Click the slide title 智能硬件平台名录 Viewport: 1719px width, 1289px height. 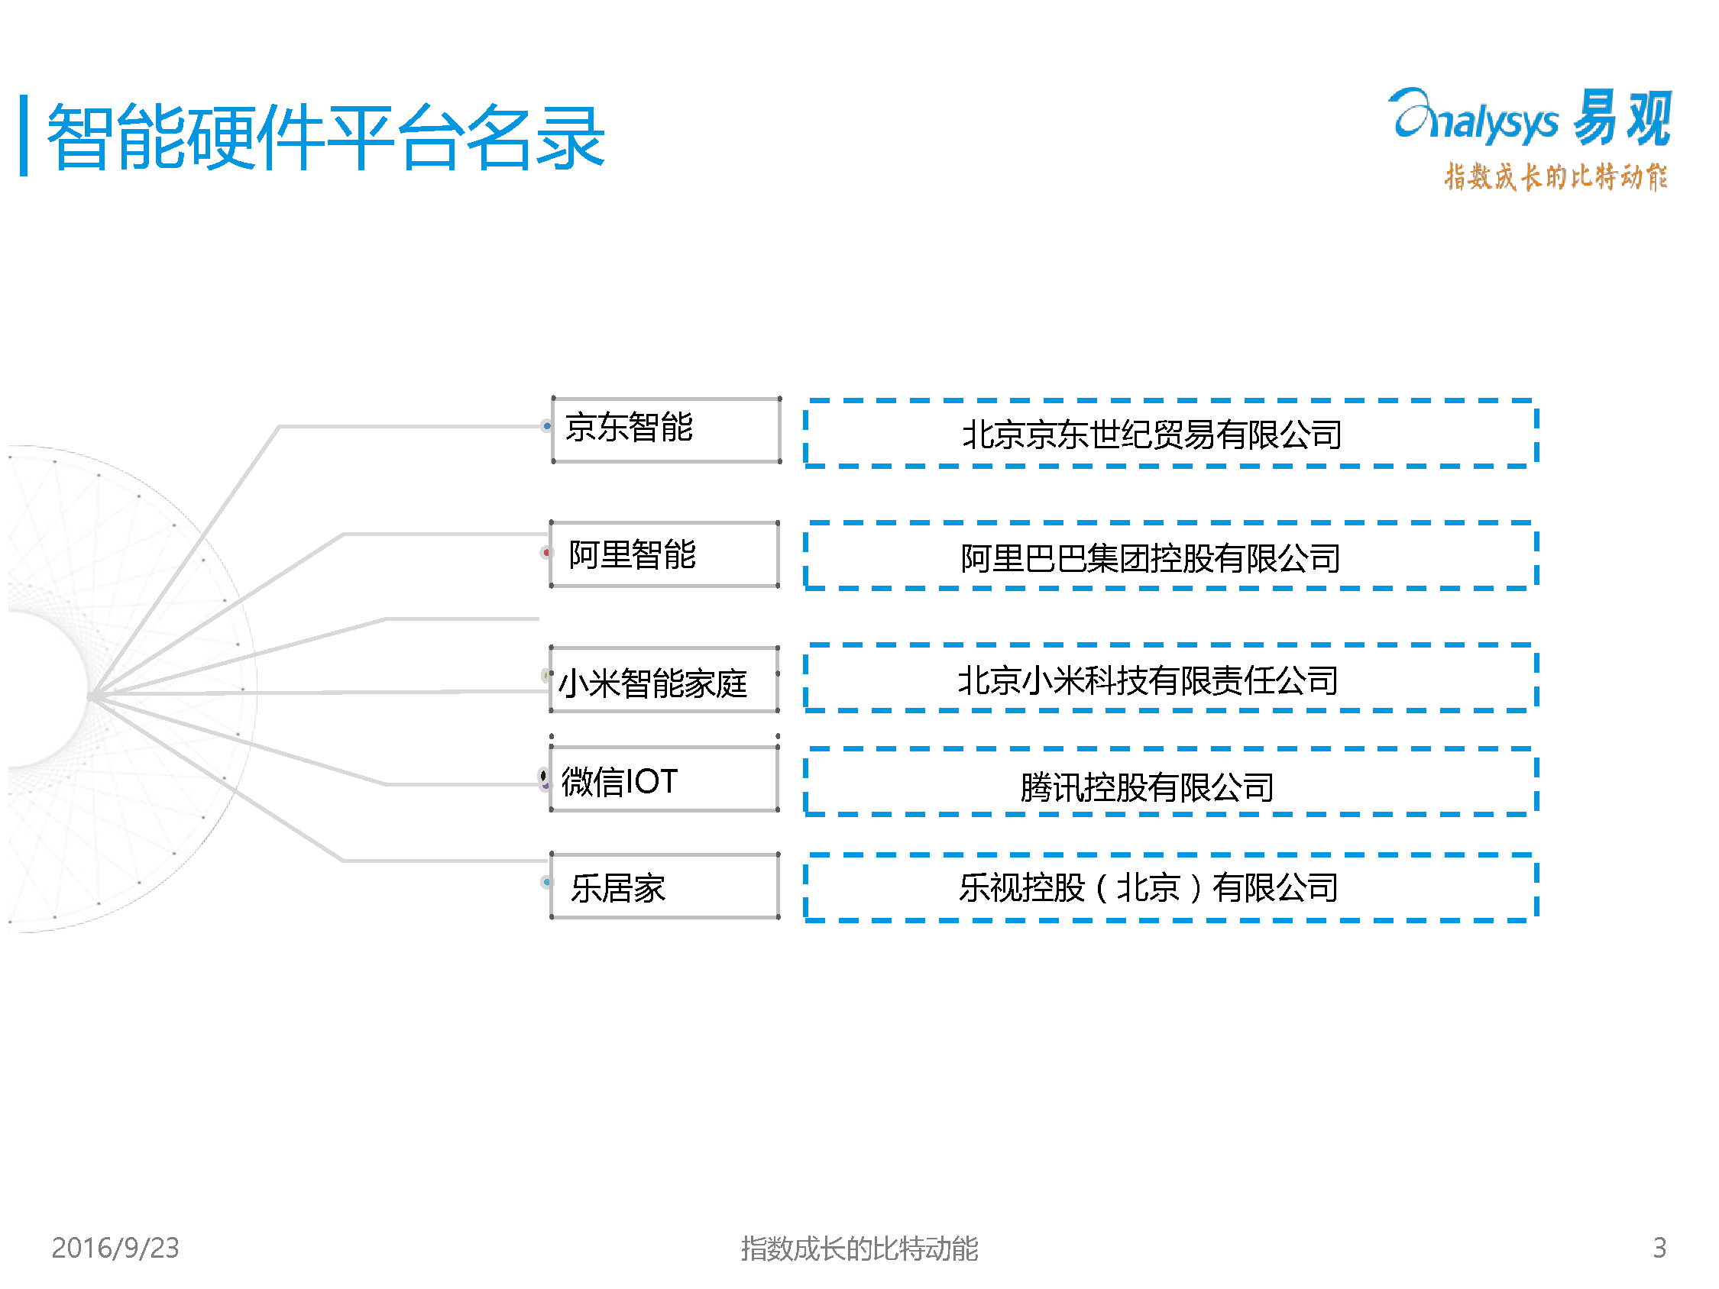[x=325, y=137]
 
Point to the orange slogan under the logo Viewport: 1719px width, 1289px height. [x=1555, y=177]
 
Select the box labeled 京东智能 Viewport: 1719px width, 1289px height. [x=665, y=430]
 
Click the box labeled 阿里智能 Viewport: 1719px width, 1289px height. [x=664, y=554]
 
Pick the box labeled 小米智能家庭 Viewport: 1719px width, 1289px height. [x=664, y=680]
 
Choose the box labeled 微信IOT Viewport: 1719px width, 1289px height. [x=664, y=780]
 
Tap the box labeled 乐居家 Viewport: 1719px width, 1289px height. [x=664, y=886]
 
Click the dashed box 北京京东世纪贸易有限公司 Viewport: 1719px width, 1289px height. [x=1170, y=434]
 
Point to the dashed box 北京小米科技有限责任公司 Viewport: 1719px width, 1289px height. [x=1170, y=678]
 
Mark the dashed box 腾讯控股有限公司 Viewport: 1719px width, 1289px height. [x=1170, y=783]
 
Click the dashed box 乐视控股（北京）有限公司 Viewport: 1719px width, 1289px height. [x=1170, y=887]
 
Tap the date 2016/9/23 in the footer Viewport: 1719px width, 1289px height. [x=115, y=1248]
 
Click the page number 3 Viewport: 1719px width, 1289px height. [x=1659, y=1248]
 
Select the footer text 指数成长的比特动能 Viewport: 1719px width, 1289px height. [x=859, y=1249]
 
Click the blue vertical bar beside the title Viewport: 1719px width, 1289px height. [x=24, y=136]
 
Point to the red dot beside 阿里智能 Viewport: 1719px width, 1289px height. [x=546, y=552]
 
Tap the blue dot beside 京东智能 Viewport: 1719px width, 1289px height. [x=547, y=426]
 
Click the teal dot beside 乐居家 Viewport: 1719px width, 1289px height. [x=547, y=882]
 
